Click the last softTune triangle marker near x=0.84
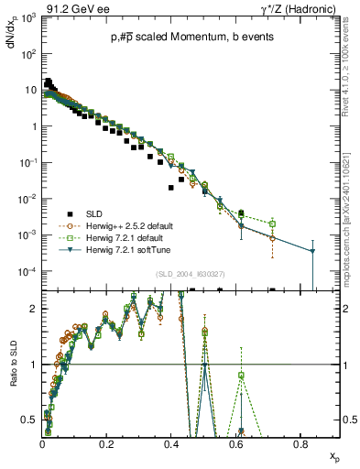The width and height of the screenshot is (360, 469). click(313, 251)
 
